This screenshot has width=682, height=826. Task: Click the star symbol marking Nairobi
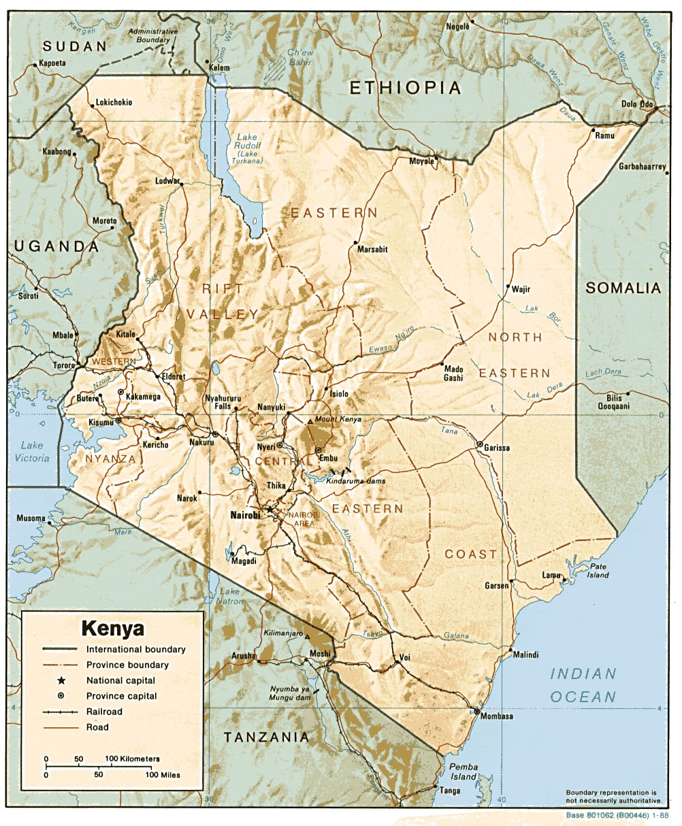point(270,509)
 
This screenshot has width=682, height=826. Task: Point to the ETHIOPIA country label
point(406,87)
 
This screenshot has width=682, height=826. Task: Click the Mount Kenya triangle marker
point(310,422)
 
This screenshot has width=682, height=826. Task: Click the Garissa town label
point(497,448)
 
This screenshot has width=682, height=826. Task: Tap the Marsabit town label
point(372,249)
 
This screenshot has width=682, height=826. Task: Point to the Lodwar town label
point(167,181)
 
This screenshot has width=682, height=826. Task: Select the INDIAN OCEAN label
point(583,685)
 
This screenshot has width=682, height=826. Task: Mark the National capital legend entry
point(120,680)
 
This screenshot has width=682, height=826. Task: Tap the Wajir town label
point(521,289)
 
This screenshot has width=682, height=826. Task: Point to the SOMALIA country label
point(623,288)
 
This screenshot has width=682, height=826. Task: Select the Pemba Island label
point(464,772)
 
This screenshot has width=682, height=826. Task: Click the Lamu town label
point(551,576)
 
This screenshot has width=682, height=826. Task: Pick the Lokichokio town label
point(114,103)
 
